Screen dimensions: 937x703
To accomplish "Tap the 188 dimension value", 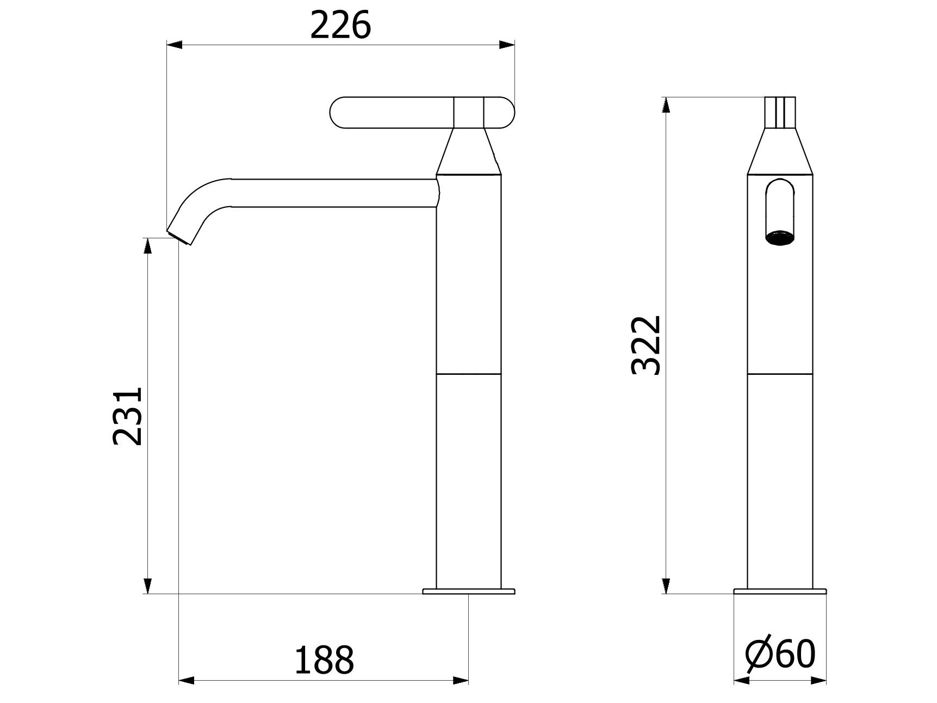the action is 324,660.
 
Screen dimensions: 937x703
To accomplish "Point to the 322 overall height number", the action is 646,345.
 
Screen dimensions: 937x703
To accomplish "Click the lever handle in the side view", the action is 422,113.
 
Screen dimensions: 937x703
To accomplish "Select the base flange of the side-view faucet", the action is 469,591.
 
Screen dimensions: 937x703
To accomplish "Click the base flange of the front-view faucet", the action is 780,591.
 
